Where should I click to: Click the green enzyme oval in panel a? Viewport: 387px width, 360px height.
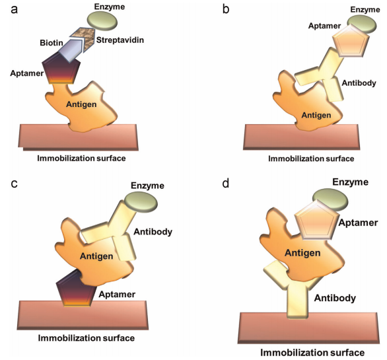pyautogui.click(x=102, y=20)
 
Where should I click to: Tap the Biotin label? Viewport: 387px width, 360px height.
pyautogui.click(x=52, y=43)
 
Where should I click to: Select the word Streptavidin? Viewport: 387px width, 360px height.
pyautogui.click(x=120, y=40)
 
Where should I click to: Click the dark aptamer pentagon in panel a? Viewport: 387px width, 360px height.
pyautogui.click(x=61, y=71)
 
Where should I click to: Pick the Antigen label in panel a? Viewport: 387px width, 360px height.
pyautogui.click(x=81, y=104)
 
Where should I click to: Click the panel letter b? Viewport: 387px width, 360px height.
pyautogui.click(x=226, y=9)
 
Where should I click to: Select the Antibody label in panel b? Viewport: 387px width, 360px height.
pyautogui.click(x=359, y=83)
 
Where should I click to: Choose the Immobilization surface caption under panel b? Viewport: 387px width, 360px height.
pyautogui.click(x=311, y=159)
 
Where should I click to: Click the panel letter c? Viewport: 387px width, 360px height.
pyautogui.click(x=15, y=184)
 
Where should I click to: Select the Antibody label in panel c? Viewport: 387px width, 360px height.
pyautogui.click(x=153, y=232)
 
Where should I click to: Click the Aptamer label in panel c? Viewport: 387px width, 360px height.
pyautogui.click(x=117, y=295)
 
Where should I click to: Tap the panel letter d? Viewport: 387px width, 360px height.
pyautogui.click(x=226, y=184)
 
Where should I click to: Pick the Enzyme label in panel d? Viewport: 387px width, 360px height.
pyautogui.click(x=350, y=182)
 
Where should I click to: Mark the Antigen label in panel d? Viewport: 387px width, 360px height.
pyautogui.click(x=302, y=253)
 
